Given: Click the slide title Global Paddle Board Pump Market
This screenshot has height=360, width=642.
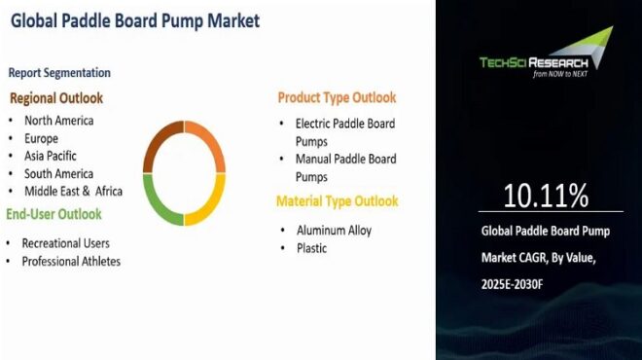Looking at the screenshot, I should [x=135, y=20].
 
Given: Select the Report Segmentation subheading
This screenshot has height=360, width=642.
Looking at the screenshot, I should [x=59, y=73].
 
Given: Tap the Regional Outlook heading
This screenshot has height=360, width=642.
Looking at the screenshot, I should [x=56, y=98].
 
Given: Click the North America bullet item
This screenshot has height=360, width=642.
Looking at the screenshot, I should [x=59, y=121].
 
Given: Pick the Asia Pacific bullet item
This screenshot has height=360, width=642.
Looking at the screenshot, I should [x=51, y=156].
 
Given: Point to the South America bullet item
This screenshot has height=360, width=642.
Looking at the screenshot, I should [x=58, y=173].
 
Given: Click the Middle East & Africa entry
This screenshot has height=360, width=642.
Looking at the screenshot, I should [x=74, y=191].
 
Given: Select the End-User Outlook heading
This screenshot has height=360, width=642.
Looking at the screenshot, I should [x=54, y=214].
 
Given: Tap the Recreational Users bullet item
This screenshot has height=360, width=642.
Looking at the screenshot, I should [x=66, y=242].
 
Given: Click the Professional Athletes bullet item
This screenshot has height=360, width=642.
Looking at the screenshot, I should [x=71, y=261].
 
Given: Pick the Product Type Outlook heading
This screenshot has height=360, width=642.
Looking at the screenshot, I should [x=337, y=97].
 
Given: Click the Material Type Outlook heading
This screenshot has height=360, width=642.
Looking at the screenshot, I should [x=337, y=201].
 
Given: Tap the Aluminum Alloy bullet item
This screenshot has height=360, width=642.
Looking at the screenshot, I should [x=334, y=231].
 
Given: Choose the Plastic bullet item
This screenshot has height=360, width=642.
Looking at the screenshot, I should [x=311, y=248].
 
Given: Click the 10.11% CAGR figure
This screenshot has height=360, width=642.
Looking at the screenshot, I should [x=546, y=197].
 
